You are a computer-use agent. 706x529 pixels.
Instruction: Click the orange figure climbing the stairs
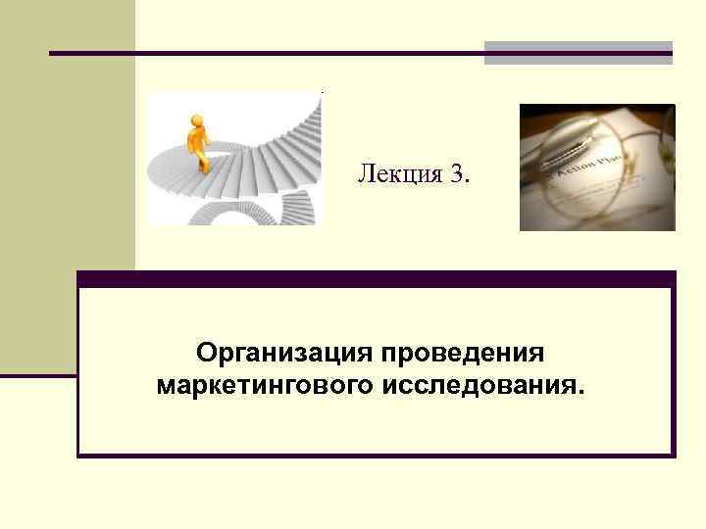(199, 143)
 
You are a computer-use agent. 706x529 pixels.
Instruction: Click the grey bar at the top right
(579, 52)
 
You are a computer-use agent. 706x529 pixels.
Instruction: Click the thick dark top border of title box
(377, 279)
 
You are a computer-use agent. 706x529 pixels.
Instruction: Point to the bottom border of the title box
(377, 455)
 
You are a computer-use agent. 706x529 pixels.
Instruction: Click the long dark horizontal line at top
(265, 52)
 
